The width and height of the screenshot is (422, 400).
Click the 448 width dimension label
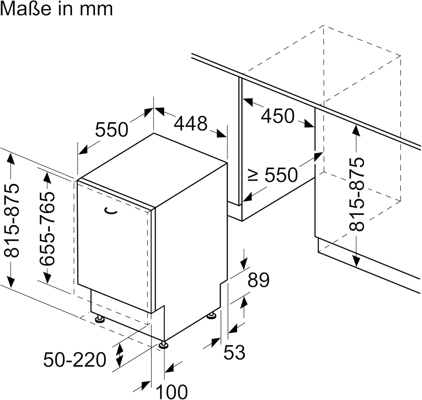point(190,123)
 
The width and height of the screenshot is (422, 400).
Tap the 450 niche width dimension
point(278,116)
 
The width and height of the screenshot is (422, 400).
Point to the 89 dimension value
point(258,280)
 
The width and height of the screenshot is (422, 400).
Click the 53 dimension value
point(234,352)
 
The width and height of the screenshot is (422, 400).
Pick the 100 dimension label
point(171,391)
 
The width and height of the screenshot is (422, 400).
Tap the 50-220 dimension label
point(75,360)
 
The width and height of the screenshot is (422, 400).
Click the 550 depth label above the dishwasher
point(111,130)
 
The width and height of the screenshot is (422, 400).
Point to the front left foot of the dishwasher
point(100,319)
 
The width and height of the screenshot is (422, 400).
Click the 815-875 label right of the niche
point(356,194)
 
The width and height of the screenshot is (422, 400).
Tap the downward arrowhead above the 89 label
point(244,264)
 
